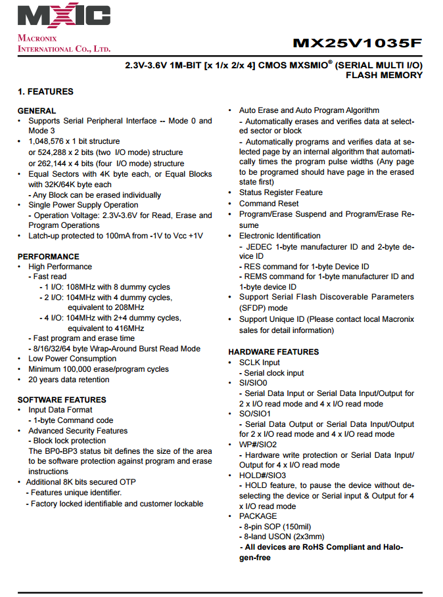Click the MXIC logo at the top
tap(64, 15)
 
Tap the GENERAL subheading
tap(37, 111)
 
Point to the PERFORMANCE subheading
tap(48, 256)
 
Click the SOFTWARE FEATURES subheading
tap(61, 399)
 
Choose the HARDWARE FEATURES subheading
tap(273, 352)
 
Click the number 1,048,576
tap(47, 141)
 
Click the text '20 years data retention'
tap(69, 380)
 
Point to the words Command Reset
tap(269, 204)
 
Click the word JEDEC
tap(258, 246)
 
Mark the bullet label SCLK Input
tap(259, 363)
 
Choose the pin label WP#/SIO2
tap(258, 445)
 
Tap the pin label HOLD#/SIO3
tap(262, 475)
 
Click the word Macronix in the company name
tap(37, 38)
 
